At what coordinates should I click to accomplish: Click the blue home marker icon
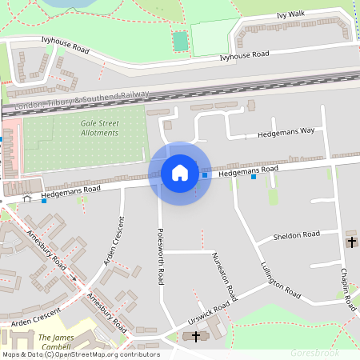180,173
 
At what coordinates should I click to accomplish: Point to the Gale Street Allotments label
99,128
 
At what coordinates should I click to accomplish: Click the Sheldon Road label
296,235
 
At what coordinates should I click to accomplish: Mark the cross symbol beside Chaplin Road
351,242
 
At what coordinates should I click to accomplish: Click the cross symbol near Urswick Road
196,337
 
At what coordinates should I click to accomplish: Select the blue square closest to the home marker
205,174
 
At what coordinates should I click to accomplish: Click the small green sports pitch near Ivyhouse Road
180,40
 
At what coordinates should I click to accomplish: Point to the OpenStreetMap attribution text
80,354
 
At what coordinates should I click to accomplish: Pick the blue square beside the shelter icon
43,201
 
